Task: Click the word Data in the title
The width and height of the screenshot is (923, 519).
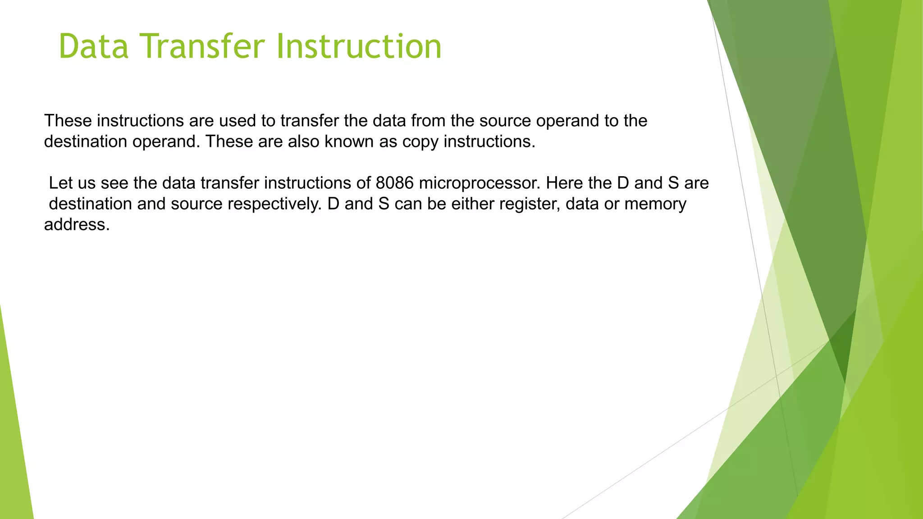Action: (x=94, y=46)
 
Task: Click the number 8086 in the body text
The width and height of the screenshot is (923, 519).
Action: (x=394, y=183)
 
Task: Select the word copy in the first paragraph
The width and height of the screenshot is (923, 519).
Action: (x=420, y=142)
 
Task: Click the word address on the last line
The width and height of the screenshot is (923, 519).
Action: (x=77, y=225)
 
